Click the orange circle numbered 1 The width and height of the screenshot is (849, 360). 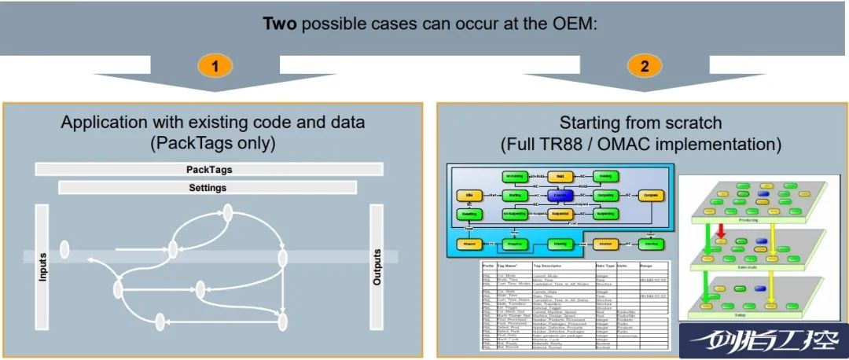coord(215,66)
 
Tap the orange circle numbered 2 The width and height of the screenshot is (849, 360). coord(644,66)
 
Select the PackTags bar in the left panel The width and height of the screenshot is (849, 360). coord(209,169)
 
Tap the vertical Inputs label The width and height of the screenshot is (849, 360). coord(43,266)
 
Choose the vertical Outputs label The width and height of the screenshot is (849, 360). coord(377,266)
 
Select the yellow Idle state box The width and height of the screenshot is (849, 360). coord(469,194)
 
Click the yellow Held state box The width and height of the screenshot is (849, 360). coord(560,176)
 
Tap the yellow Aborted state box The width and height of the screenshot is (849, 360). coord(605,244)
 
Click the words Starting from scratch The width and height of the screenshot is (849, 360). coord(641,123)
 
